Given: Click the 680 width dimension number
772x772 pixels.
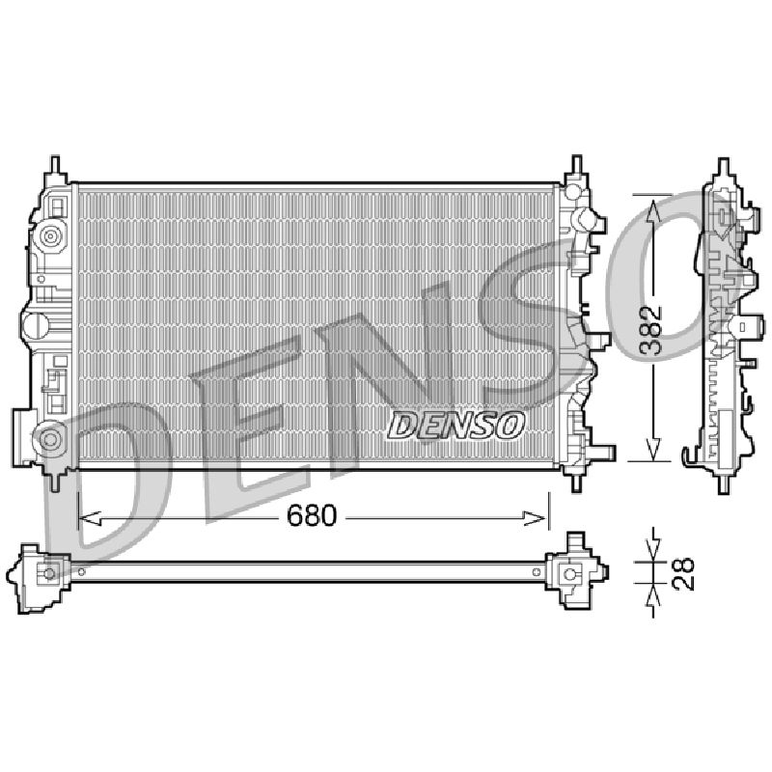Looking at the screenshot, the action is coord(311,515).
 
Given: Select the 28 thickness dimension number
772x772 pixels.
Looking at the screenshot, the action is coord(683,573).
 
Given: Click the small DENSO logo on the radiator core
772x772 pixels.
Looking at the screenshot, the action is coord(455,426).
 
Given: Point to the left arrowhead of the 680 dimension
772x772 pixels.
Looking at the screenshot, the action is coord(90,518).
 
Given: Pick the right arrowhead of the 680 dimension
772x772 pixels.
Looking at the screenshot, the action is coord(535,518).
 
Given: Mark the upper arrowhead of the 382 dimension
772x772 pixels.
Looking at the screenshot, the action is coord(653,210).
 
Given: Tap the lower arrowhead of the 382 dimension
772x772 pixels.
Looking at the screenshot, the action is coord(653,449).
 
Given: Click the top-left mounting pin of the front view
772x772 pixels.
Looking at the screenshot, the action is coord(55,167).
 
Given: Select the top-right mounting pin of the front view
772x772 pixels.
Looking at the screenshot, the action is coord(575,166).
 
